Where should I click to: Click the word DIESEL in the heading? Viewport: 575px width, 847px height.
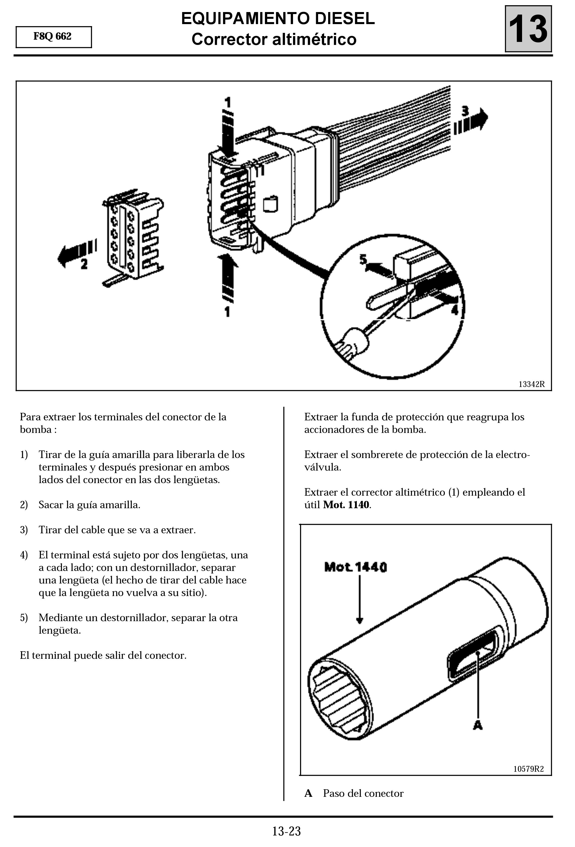pyautogui.click(x=344, y=19)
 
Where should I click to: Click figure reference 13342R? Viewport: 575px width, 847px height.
pyautogui.click(x=531, y=384)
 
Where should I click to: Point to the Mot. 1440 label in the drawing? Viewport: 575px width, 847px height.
pyautogui.click(x=355, y=567)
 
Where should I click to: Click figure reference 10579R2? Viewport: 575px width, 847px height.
pyautogui.click(x=528, y=769)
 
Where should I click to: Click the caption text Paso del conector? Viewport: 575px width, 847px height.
pyautogui.click(x=363, y=794)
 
